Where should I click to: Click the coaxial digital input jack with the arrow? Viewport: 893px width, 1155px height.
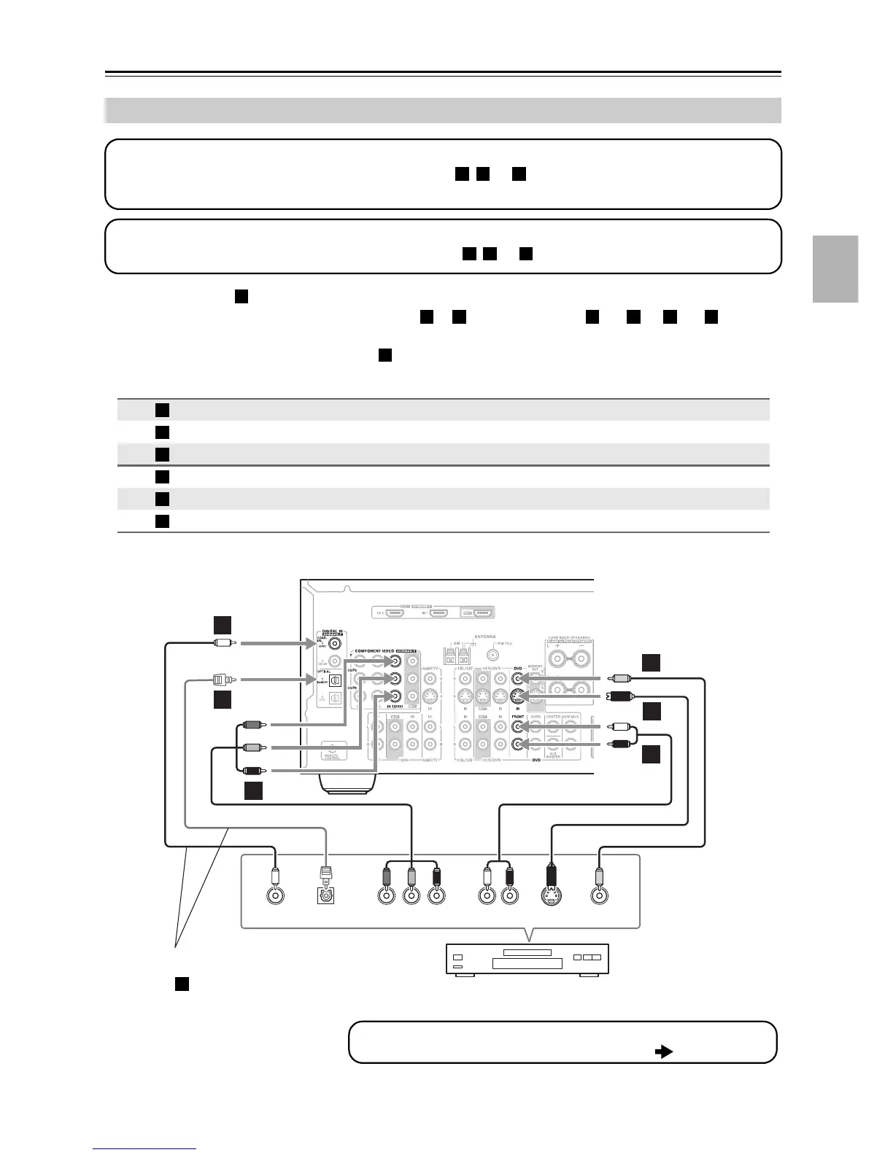pos(337,643)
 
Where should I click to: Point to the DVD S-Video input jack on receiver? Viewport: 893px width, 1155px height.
pos(518,696)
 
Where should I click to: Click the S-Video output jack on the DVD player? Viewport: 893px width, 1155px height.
pos(552,896)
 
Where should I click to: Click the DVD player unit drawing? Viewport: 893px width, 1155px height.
pos(527,959)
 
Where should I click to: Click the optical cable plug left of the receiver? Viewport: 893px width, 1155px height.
pos(222,680)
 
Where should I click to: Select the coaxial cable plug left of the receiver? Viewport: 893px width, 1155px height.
pos(223,643)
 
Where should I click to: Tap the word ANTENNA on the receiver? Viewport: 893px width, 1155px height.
pos(484,636)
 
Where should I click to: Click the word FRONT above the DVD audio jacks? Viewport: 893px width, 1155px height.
pos(517,717)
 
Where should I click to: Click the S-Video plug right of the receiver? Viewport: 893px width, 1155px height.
pos(621,696)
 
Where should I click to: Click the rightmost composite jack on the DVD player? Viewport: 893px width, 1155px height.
pos(600,896)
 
